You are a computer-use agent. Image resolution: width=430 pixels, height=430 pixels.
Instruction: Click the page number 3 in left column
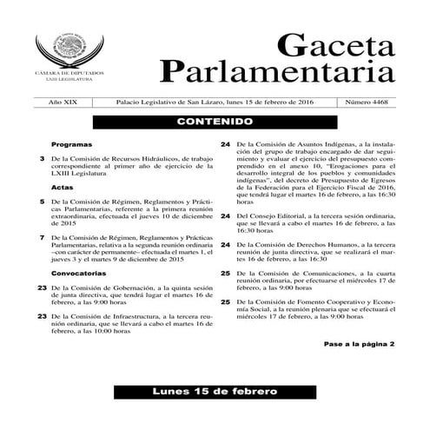(43, 158)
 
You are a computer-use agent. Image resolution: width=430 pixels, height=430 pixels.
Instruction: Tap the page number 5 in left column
(43, 202)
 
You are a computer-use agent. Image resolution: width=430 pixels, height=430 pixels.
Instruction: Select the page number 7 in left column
(43, 237)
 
